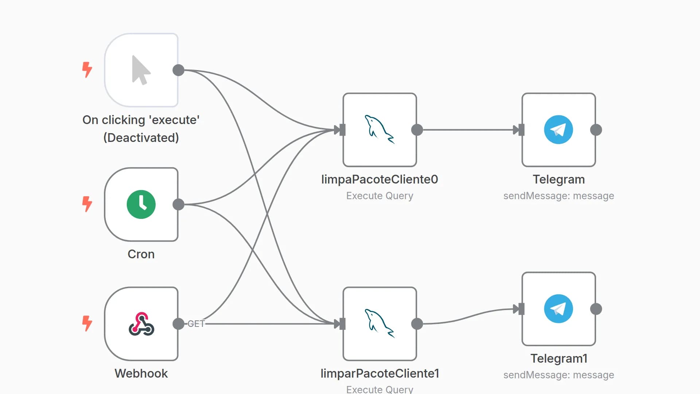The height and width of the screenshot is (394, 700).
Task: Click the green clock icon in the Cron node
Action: [x=141, y=204]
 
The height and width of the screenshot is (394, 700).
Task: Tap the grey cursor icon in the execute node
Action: [x=140, y=70]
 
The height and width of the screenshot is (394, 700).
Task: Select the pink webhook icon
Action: [x=141, y=324]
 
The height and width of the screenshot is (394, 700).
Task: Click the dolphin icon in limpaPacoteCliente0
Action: [x=380, y=130]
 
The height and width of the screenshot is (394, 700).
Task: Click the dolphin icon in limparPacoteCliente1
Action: [x=380, y=324]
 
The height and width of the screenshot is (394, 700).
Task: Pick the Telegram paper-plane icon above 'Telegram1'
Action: [x=558, y=309]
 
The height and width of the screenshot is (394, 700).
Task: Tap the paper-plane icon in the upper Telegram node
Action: [x=558, y=130]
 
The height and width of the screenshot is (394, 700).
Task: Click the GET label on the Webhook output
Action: [x=196, y=324]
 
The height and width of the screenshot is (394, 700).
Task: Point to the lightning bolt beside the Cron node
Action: [x=87, y=204]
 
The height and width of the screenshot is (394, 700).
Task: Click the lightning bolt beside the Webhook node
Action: [x=87, y=323]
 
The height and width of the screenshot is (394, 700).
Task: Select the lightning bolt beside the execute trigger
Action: [x=87, y=69]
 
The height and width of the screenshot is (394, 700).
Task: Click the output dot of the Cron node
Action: [x=178, y=204]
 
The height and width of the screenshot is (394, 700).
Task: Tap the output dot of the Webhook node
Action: [x=178, y=324]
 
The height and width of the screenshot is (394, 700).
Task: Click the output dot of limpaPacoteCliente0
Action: [x=417, y=130]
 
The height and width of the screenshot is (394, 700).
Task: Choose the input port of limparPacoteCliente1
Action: [x=342, y=324]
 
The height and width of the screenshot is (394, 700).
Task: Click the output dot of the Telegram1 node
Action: [x=596, y=309]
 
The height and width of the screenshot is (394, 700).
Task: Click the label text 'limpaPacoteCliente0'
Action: [x=380, y=179]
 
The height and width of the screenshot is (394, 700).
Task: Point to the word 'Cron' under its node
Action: [x=141, y=254]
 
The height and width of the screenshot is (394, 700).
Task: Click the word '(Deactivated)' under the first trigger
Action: [x=141, y=138]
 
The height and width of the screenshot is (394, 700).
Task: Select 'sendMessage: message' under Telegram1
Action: [x=559, y=375]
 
